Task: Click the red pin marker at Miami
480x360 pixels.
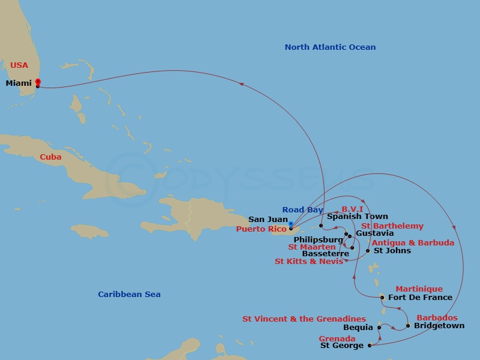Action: [x=37, y=83]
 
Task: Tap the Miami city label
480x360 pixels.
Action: [x=19, y=83]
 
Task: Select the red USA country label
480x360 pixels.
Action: [x=19, y=65]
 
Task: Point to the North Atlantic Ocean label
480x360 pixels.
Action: [x=330, y=47]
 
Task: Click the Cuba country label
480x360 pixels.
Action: [x=50, y=157]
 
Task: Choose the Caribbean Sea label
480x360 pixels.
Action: [x=129, y=295]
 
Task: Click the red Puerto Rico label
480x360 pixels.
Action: [x=261, y=229]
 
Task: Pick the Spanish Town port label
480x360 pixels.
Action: [x=358, y=217]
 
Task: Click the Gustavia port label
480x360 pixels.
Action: [x=375, y=233]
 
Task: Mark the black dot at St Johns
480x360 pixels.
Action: [x=368, y=250]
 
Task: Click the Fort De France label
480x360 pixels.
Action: [x=420, y=298]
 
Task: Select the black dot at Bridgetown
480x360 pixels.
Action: [x=408, y=326]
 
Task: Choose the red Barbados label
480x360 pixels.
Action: [x=437, y=318]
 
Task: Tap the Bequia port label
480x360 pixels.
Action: [x=358, y=328]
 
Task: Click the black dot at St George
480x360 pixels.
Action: [x=370, y=345]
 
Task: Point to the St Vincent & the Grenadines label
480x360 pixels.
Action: [x=304, y=319]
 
